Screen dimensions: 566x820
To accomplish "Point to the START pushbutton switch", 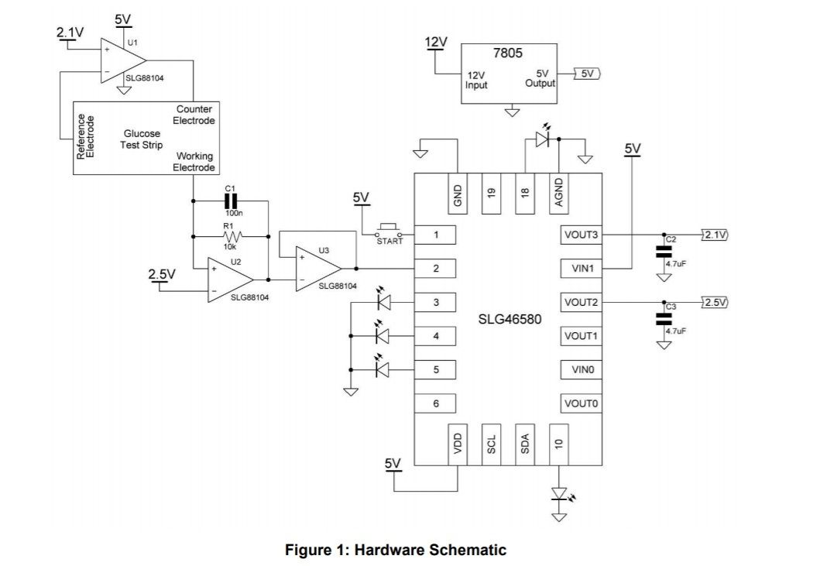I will [389, 231].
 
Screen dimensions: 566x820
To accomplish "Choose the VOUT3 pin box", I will [582, 234].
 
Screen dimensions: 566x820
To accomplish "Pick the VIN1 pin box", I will [582, 268].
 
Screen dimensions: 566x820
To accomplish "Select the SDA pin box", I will [525, 444].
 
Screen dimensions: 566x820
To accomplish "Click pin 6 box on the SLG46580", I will [436, 403].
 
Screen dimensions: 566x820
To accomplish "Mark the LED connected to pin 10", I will [560, 494].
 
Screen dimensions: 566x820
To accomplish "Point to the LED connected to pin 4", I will [382, 335].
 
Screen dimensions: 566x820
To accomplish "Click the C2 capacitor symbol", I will [663, 251].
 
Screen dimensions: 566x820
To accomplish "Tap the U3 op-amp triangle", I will [316, 268].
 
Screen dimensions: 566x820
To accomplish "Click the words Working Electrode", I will [194, 162].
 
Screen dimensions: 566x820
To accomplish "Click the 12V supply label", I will [436, 42].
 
